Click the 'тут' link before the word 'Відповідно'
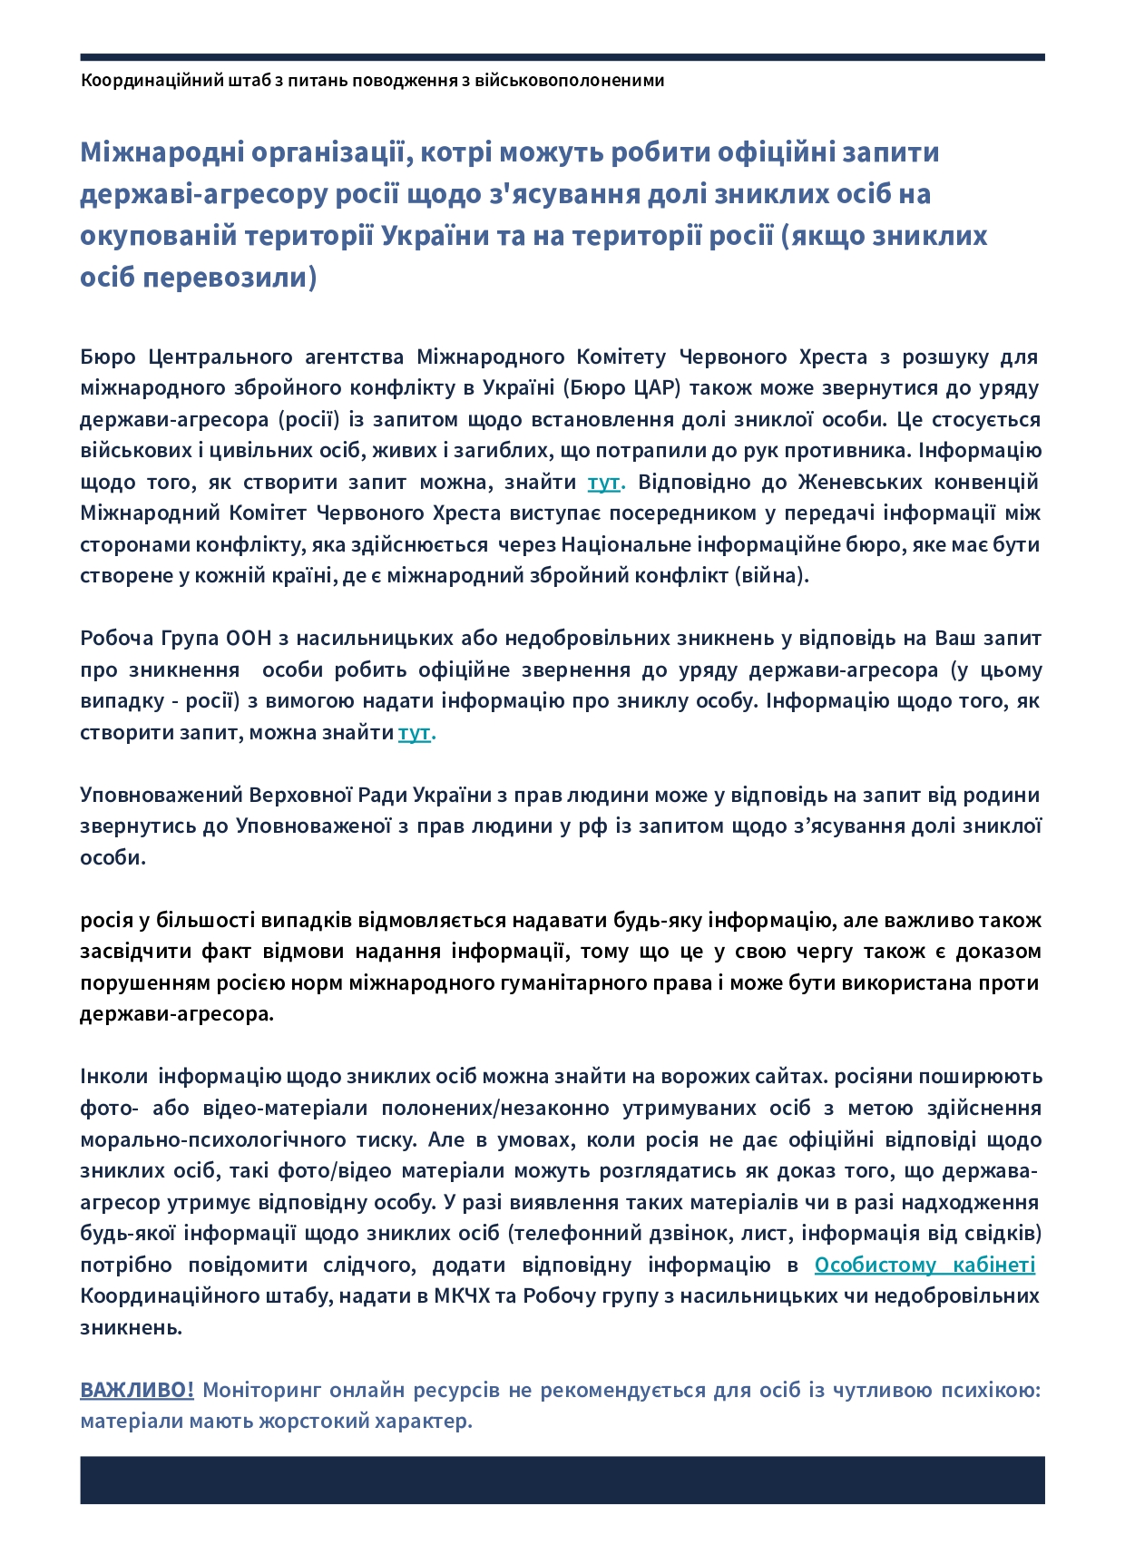tap(603, 482)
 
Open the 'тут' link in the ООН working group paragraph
tap(414, 732)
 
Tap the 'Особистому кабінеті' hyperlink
tap(924, 1265)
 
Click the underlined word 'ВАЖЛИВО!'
tap(137, 1390)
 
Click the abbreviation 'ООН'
tap(257, 638)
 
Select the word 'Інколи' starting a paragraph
tap(114, 1077)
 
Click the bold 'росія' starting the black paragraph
tap(106, 920)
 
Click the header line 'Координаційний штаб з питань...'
tap(373, 80)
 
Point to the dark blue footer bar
tap(562, 1480)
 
